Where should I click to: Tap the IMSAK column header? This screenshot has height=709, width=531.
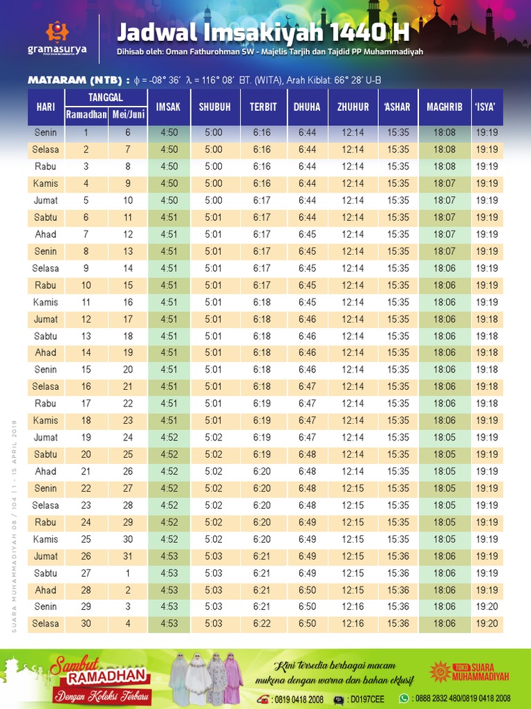[x=168, y=107]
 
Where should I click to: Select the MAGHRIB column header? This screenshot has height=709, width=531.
[x=444, y=107]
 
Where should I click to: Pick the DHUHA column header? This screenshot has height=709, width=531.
[x=307, y=107]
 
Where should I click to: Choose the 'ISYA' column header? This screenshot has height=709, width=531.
[x=487, y=107]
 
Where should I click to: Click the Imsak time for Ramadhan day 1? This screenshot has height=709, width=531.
[x=169, y=132]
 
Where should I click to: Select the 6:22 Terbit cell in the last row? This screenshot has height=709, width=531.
[x=262, y=624]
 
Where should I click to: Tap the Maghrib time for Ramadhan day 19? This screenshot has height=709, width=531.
[x=445, y=438]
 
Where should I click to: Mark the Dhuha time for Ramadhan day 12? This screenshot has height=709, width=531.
[x=307, y=319]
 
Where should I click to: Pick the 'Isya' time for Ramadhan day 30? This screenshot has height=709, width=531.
[x=487, y=624]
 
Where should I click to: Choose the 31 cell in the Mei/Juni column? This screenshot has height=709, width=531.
[x=128, y=556]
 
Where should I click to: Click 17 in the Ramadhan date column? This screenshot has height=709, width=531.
[x=86, y=404]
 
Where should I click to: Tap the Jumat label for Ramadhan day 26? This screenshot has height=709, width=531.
[x=46, y=556]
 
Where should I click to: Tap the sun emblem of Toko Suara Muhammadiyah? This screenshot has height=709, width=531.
[x=440, y=670]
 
